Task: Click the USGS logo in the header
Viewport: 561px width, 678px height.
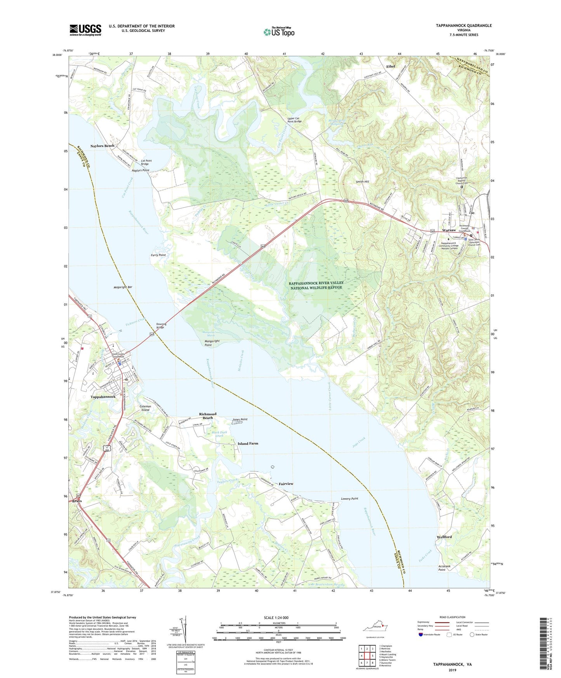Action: tap(85, 30)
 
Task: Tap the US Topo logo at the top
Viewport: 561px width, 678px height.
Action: tap(279, 32)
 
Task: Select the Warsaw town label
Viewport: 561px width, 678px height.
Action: tap(449, 230)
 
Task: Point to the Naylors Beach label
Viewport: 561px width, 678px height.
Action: tap(102, 146)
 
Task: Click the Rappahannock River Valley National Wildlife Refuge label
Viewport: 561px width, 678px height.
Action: tap(315, 285)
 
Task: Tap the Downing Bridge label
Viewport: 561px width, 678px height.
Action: tap(161, 325)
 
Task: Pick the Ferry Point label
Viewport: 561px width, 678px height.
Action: tap(158, 255)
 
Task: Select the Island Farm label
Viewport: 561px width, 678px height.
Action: tap(248, 443)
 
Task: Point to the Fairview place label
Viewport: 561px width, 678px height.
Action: tap(286, 484)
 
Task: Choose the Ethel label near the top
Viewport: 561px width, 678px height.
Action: tap(390, 66)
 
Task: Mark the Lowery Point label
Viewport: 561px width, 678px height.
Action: tap(349, 499)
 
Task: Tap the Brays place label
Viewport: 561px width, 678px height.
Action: tap(77, 501)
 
